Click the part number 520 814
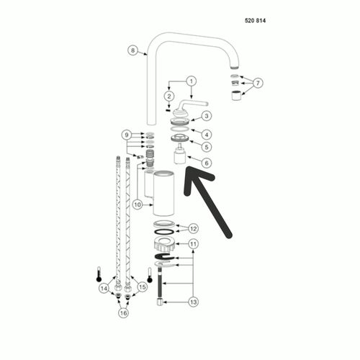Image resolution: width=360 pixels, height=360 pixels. (x=255, y=21)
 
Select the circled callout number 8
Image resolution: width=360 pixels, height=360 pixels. (x=132, y=50)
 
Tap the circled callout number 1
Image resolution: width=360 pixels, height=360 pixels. (x=192, y=81)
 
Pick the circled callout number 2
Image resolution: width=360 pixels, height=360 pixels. (x=169, y=96)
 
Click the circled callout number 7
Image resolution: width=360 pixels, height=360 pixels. (x=258, y=83)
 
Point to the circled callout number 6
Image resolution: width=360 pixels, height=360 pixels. (x=207, y=163)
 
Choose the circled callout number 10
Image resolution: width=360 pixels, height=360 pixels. (x=138, y=204)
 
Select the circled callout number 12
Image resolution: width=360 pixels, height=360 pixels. (x=193, y=229)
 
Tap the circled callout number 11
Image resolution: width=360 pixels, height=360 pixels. (x=193, y=244)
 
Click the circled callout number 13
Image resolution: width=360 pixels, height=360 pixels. (x=193, y=302)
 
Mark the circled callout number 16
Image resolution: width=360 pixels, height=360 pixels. (x=123, y=313)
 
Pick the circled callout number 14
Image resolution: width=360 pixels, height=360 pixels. (x=104, y=288)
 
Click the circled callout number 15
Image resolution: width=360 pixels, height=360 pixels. (x=143, y=287)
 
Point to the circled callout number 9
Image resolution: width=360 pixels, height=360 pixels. (x=127, y=135)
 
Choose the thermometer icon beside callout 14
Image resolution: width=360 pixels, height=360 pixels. (x=99, y=274)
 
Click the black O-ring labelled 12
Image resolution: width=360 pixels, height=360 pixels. (x=164, y=232)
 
